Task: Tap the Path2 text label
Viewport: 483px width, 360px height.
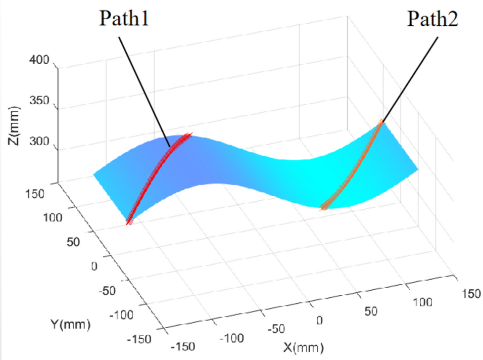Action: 432,20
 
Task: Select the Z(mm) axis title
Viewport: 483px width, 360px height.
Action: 14,126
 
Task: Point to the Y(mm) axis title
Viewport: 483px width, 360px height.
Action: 70,324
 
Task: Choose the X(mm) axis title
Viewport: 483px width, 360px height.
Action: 302,347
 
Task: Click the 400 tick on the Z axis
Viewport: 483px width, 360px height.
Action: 38,61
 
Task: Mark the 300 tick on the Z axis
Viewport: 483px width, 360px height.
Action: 38,141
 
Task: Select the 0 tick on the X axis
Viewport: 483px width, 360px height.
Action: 319,320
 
